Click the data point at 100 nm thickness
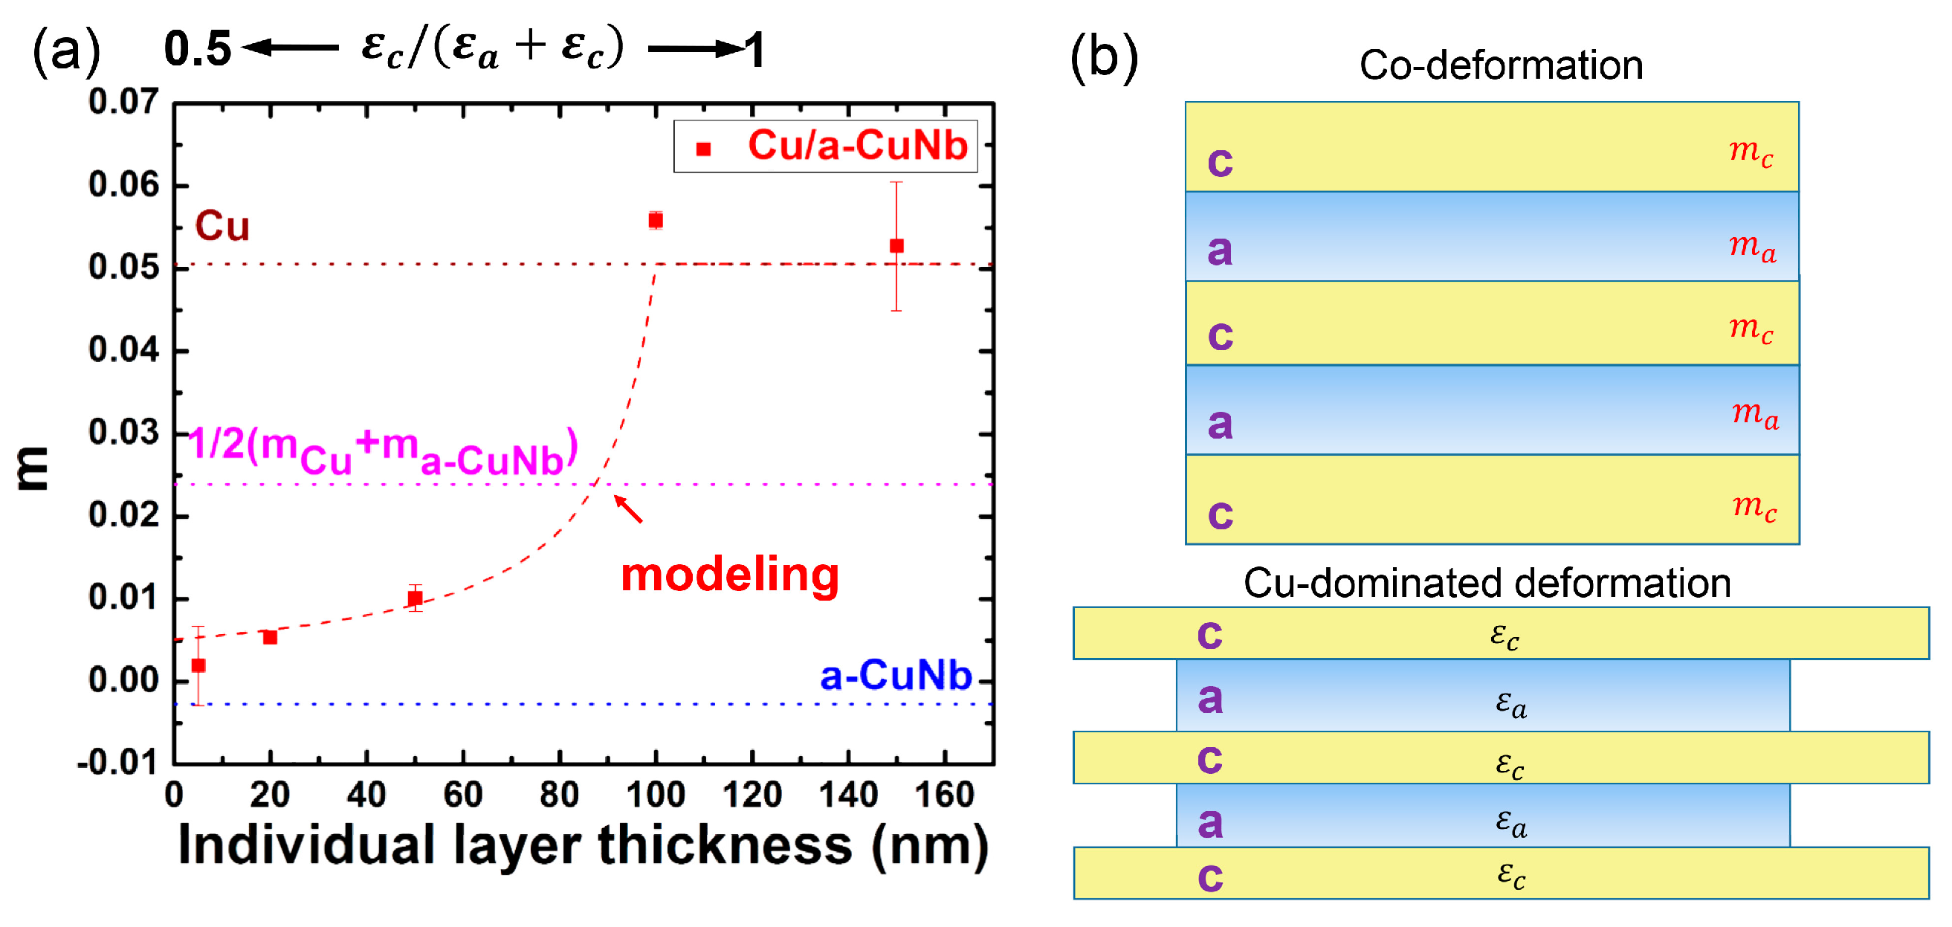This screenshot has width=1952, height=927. point(656,221)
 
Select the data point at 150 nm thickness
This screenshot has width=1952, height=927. point(896,245)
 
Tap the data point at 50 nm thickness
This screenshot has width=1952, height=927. point(415,598)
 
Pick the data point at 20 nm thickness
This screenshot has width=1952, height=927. point(270,638)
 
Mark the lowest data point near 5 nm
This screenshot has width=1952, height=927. point(198,665)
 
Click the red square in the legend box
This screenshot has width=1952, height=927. point(703,149)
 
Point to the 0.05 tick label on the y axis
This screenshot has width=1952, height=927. point(123,267)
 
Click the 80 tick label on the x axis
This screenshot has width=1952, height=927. point(559,795)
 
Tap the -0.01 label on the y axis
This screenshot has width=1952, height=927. point(117,763)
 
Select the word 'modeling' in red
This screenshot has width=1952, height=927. point(730,575)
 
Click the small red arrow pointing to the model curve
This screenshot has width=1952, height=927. point(628,508)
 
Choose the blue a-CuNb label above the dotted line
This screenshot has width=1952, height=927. point(896,674)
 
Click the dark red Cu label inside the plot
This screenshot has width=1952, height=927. point(222,226)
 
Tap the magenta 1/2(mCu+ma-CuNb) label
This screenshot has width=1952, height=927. point(383,453)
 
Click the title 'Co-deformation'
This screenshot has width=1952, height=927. point(1500,65)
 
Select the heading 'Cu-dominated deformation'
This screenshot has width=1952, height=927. point(1487,584)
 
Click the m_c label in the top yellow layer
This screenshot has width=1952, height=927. point(1751,151)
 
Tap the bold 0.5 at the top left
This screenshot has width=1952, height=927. point(198,49)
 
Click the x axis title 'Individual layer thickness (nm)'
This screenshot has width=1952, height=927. point(583,846)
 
